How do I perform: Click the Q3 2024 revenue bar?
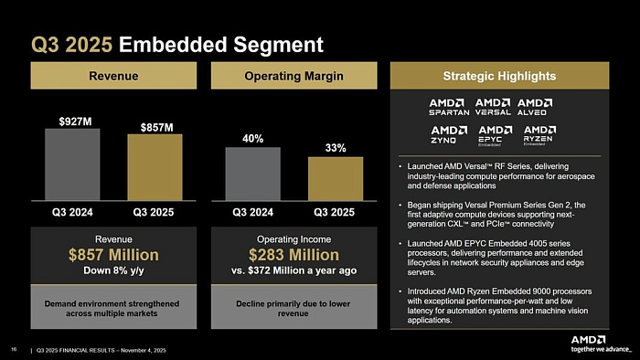(72, 164)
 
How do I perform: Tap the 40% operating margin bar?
(252, 174)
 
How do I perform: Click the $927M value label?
(72, 121)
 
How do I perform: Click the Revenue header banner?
(113, 75)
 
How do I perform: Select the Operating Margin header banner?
(293, 75)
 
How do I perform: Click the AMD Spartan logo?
(449, 106)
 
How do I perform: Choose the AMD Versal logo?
(493, 106)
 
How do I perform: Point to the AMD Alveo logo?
(535, 106)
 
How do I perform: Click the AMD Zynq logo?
(449, 135)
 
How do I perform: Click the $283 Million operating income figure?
(293, 254)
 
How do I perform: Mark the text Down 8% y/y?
(113, 270)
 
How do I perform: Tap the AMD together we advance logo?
(601, 344)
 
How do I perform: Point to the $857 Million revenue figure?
(113, 254)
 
